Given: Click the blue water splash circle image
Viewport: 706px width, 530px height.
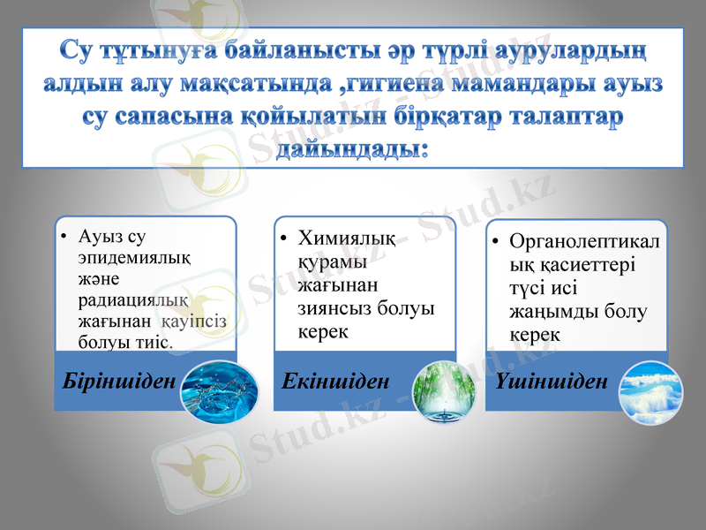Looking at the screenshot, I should click(x=218, y=390).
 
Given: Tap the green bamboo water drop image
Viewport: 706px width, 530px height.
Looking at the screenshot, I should click(x=445, y=390).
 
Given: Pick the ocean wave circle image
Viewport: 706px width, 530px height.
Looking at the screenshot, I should click(x=651, y=390).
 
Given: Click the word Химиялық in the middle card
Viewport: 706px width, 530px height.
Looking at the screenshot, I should click(x=347, y=238).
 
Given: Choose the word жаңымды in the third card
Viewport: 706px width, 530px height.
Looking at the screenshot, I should click(x=552, y=312).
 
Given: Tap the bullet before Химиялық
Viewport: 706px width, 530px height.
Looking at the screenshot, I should click(x=284, y=238).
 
